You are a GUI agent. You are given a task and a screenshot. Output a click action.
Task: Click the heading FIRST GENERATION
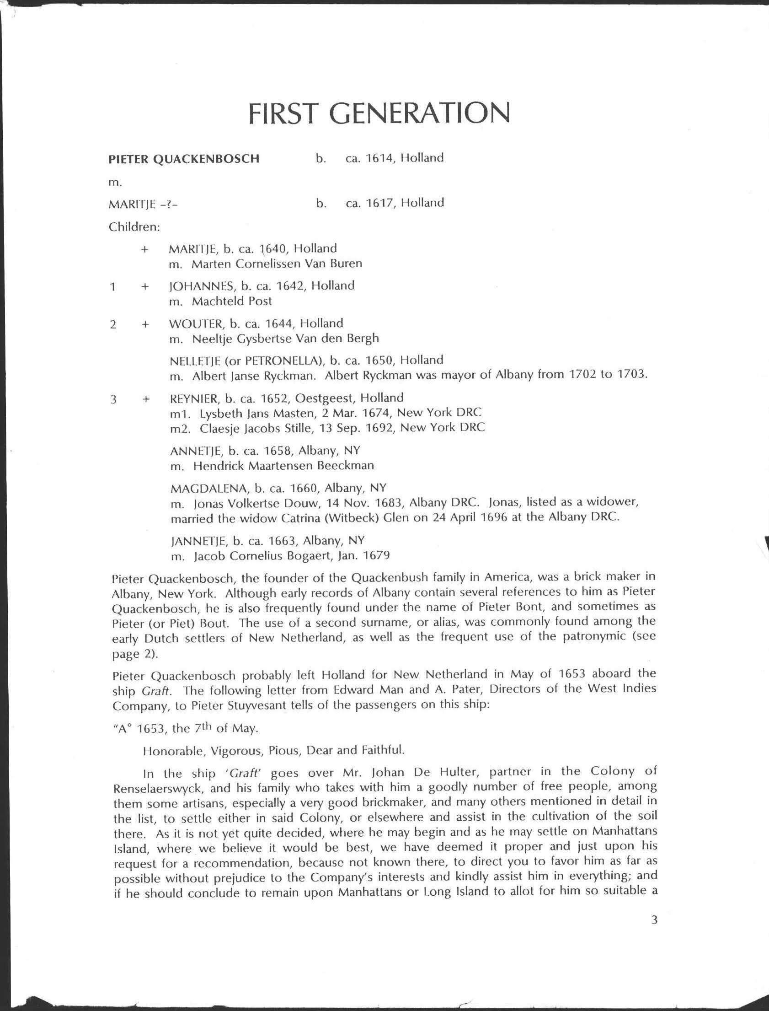tap(379, 113)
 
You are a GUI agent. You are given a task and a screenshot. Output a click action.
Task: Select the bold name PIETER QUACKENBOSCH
tap(183, 159)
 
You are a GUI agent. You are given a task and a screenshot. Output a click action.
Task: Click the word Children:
tap(134, 226)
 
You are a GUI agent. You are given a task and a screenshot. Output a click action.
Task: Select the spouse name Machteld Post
tap(232, 301)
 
